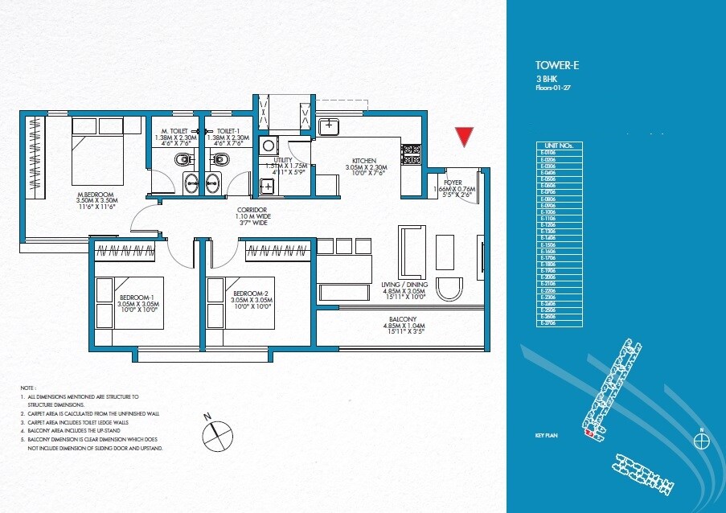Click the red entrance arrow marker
pyautogui.click(x=463, y=137)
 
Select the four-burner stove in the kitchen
pyautogui.click(x=412, y=154)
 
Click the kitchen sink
pyautogui.click(x=329, y=126)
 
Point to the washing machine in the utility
pyautogui.click(x=271, y=146)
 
